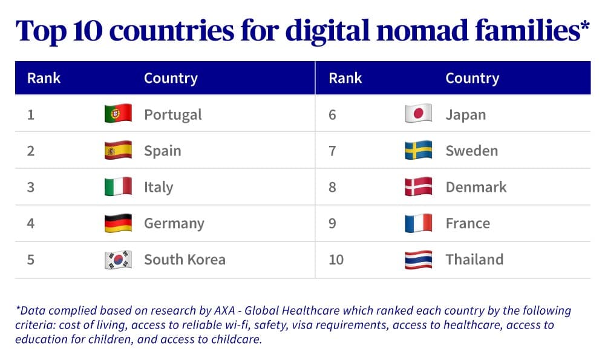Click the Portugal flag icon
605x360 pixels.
point(118,114)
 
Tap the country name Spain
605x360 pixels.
point(162,151)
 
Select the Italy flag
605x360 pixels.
point(118,186)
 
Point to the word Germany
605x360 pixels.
point(174,223)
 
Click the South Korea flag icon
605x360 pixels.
point(118,260)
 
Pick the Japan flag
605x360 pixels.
point(418,114)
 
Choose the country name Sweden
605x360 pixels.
point(471,151)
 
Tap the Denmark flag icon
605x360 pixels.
point(418,186)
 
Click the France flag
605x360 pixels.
point(418,223)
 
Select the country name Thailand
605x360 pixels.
point(474,260)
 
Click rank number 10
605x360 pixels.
point(336,260)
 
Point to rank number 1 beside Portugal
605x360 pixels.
point(30,114)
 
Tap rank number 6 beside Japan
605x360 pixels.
point(332,114)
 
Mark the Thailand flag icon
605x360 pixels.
point(418,260)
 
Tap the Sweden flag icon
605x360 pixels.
point(418,150)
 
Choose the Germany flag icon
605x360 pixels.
point(118,223)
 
